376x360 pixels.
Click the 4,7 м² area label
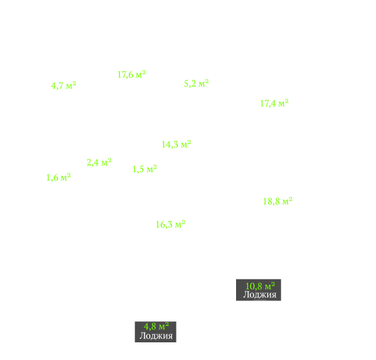[x=63, y=86]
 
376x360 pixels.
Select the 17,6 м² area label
[x=131, y=75]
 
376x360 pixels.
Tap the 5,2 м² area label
[x=196, y=83]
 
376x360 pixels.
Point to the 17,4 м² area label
[x=274, y=103]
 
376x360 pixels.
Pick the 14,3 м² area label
[x=177, y=144]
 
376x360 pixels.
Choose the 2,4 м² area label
[x=99, y=162]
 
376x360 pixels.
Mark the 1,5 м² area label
[x=145, y=169]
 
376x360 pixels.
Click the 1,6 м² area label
[x=58, y=177]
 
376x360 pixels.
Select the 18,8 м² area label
[x=278, y=201]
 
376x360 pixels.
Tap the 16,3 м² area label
[x=171, y=225]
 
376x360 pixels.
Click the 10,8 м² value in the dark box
[x=260, y=286]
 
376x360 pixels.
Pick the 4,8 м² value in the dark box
[x=156, y=327]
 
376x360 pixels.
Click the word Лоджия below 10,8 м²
[x=260, y=295]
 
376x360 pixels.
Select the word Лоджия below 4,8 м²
[x=156, y=336]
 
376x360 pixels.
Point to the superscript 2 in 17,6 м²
[x=144, y=72]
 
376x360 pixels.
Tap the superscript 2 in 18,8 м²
[x=290, y=199]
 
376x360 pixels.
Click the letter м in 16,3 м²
[x=178, y=225]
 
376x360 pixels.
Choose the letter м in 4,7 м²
[x=69, y=86]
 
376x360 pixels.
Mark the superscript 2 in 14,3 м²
[x=189, y=141]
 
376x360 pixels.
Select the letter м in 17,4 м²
[x=281, y=104]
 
